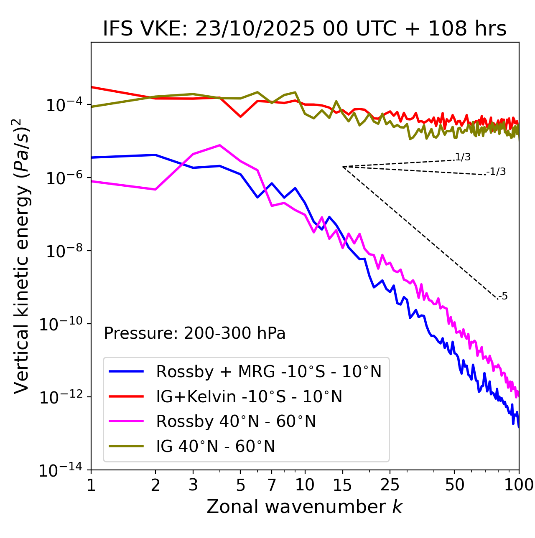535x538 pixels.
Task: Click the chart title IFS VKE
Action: [305, 29]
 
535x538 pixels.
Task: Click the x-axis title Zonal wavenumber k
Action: [305, 507]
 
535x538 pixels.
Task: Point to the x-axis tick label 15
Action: [342, 485]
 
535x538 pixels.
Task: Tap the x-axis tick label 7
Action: [272, 485]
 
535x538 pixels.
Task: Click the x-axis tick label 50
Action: [455, 485]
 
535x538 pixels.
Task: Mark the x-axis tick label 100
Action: [518, 485]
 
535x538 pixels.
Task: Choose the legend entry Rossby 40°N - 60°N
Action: [236, 421]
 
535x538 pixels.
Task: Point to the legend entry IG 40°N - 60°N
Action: [215, 447]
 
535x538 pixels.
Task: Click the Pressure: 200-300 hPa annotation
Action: [195, 333]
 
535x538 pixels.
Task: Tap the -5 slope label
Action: [503, 297]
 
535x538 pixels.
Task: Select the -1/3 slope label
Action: [497, 172]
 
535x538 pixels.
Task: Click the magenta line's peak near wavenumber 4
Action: [220, 145]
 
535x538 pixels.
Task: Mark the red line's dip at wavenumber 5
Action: [240, 117]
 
